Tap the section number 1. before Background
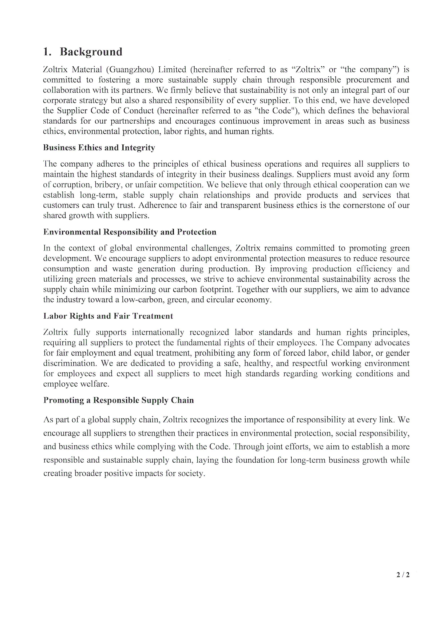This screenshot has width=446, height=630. tap(47, 52)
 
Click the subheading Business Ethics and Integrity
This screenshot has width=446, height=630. tap(99, 148)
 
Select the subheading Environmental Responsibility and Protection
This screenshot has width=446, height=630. tap(130, 232)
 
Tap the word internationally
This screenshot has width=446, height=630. tap(158, 332)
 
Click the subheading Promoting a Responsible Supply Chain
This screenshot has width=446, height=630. tap(118, 400)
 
